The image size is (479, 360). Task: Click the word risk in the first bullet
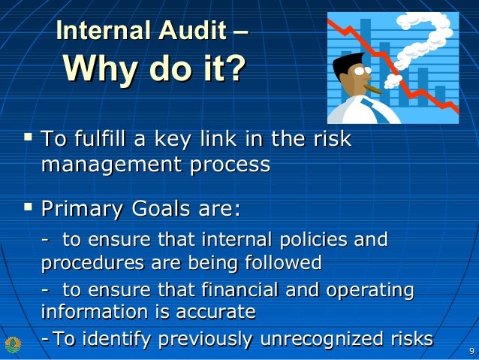(x=333, y=140)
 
